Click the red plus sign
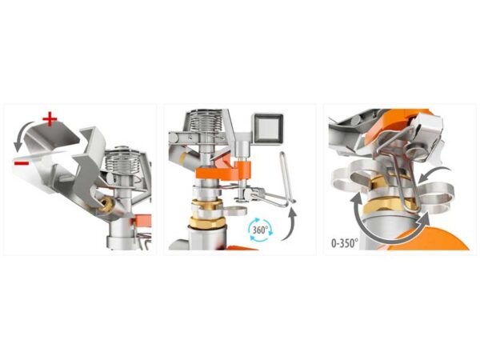50,119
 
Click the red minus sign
22,163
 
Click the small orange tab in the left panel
142,221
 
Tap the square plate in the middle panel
267,128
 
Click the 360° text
260,230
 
